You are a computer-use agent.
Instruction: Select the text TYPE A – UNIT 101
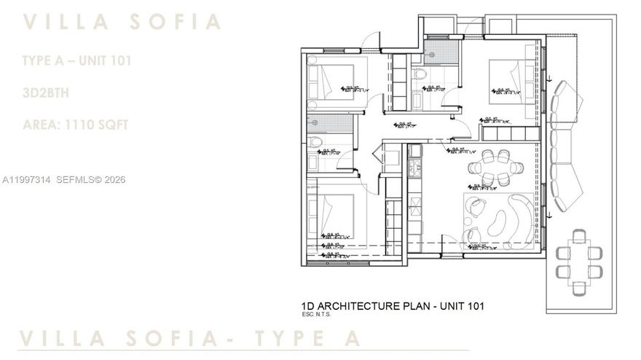tap(77, 61)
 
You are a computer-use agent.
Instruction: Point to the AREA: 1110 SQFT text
tap(76, 125)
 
